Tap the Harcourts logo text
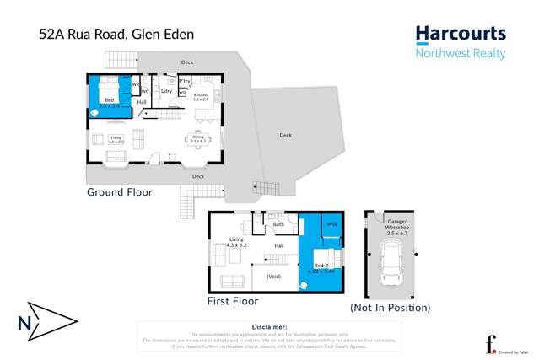click(460, 35)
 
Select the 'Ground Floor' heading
click(120, 192)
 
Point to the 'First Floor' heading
click(233, 301)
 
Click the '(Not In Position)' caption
click(390, 308)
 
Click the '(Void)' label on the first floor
click(273, 277)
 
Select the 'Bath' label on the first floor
click(278, 224)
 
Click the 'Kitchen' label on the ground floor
click(201, 95)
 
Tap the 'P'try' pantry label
click(184, 81)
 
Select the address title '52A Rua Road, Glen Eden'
click(116, 35)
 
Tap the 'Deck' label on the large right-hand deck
click(286, 135)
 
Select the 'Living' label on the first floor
click(236, 239)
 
